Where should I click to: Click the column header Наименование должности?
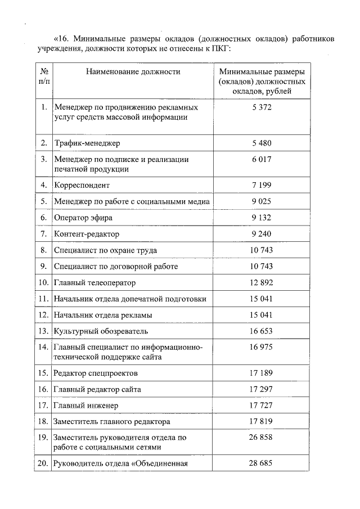click(x=133, y=72)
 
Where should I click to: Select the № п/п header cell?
click(x=43, y=76)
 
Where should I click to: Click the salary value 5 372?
click(x=262, y=107)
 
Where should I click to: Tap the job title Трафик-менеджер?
click(x=87, y=143)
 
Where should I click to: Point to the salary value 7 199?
click(x=262, y=184)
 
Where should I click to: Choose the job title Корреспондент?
click(x=82, y=185)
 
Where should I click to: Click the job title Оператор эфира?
click(x=83, y=218)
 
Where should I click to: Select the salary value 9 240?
click(x=262, y=233)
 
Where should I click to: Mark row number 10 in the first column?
click(x=43, y=282)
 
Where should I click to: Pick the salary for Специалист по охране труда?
click(x=262, y=250)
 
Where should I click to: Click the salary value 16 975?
click(x=262, y=347)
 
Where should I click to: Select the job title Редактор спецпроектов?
click(x=96, y=373)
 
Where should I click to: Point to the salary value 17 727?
click(x=262, y=405)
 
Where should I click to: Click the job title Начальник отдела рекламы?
click(x=103, y=315)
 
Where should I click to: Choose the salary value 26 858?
click(x=262, y=437)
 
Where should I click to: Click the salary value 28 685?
click(x=262, y=463)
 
